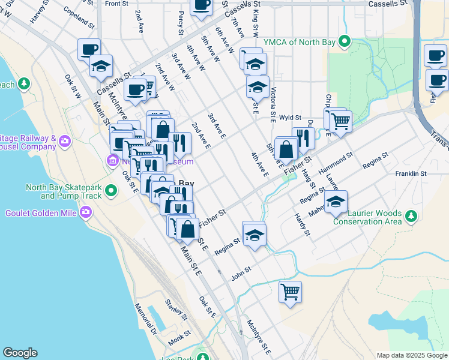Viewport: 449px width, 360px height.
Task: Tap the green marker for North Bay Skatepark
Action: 110,191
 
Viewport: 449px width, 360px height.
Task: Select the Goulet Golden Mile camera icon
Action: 87,212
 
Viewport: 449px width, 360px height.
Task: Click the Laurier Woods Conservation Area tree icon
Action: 411,215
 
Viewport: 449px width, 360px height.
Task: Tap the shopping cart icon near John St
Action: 290,292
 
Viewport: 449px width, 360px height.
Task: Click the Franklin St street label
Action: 411,174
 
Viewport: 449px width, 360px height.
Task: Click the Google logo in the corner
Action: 20,353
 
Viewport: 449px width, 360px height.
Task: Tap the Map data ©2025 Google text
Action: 411,355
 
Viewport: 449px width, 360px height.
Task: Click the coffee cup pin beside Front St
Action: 201,5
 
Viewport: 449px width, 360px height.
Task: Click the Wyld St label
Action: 289,119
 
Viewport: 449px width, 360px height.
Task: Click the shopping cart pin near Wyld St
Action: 340,121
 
